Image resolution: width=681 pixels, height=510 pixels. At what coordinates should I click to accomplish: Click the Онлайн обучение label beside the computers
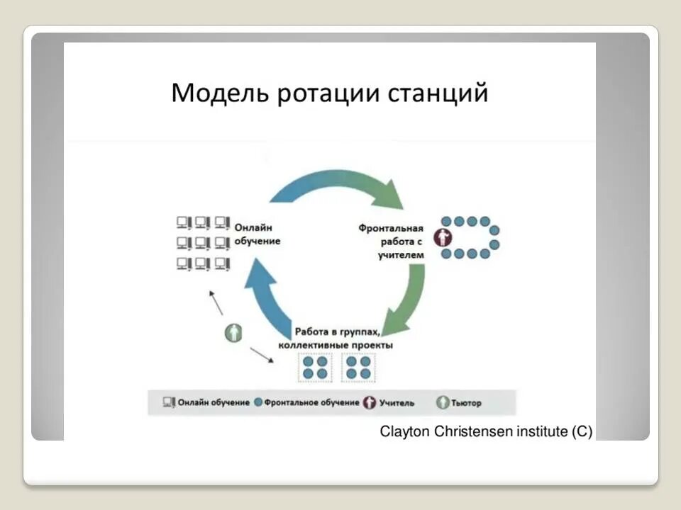pyautogui.click(x=258, y=234)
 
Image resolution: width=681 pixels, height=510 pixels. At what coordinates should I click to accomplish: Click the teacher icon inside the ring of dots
pyautogui.click(x=445, y=237)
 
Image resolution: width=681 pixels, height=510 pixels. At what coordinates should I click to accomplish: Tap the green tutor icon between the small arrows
pyautogui.click(x=233, y=331)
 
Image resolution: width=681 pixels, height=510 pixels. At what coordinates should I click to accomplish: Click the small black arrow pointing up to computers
pyautogui.click(x=216, y=302)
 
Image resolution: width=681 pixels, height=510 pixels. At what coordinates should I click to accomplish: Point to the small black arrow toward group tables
pyautogui.click(x=262, y=354)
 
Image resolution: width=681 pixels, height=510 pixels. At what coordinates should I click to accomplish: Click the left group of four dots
pyautogui.click(x=314, y=367)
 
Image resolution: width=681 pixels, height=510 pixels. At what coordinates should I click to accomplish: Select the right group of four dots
pyautogui.click(x=358, y=367)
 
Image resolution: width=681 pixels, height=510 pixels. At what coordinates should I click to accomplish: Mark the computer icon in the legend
pyautogui.click(x=169, y=402)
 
